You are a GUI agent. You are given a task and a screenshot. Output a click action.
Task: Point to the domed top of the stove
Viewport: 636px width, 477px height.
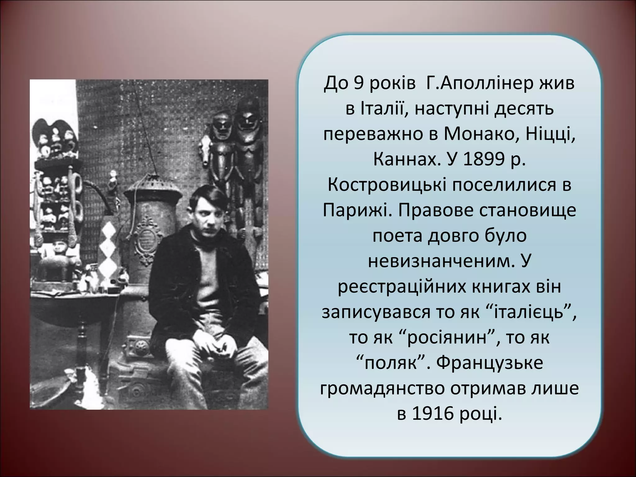click(x=153, y=186)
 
